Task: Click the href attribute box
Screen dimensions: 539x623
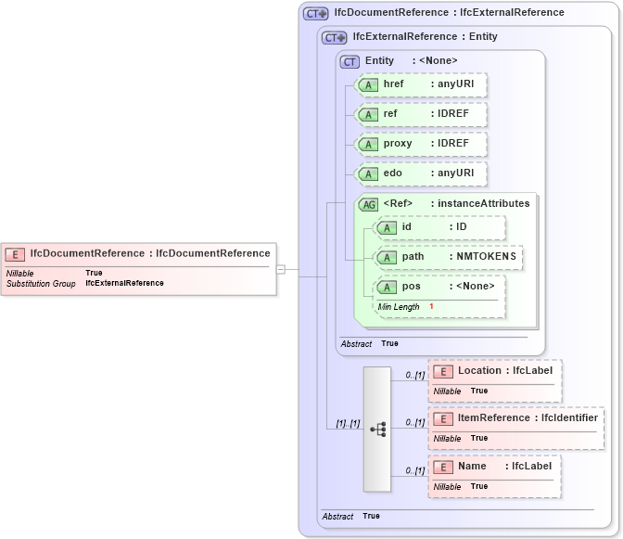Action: pyautogui.click(x=422, y=85)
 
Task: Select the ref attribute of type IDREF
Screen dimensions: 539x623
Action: pyautogui.click(x=422, y=115)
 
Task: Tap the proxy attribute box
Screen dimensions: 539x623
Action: pyautogui.click(x=422, y=145)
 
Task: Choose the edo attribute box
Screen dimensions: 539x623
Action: pyautogui.click(x=422, y=173)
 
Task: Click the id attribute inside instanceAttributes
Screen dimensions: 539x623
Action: pyautogui.click(x=440, y=227)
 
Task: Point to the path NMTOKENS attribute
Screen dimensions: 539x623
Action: pyautogui.click(x=450, y=257)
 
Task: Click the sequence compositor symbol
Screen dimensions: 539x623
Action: pyautogui.click(x=377, y=429)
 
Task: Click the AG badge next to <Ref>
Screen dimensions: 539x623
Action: pyautogui.click(x=368, y=204)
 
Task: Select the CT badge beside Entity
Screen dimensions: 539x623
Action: pyautogui.click(x=350, y=61)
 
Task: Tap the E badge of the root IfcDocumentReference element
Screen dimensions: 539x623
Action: pyautogui.click(x=15, y=254)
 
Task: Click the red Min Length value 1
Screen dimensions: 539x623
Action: pyautogui.click(x=431, y=307)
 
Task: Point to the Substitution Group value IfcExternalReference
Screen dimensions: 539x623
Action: pyautogui.click(x=124, y=283)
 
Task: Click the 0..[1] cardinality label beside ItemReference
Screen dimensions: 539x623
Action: pyautogui.click(x=414, y=423)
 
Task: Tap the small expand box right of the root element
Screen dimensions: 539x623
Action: pyautogui.click(x=281, y=269)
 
